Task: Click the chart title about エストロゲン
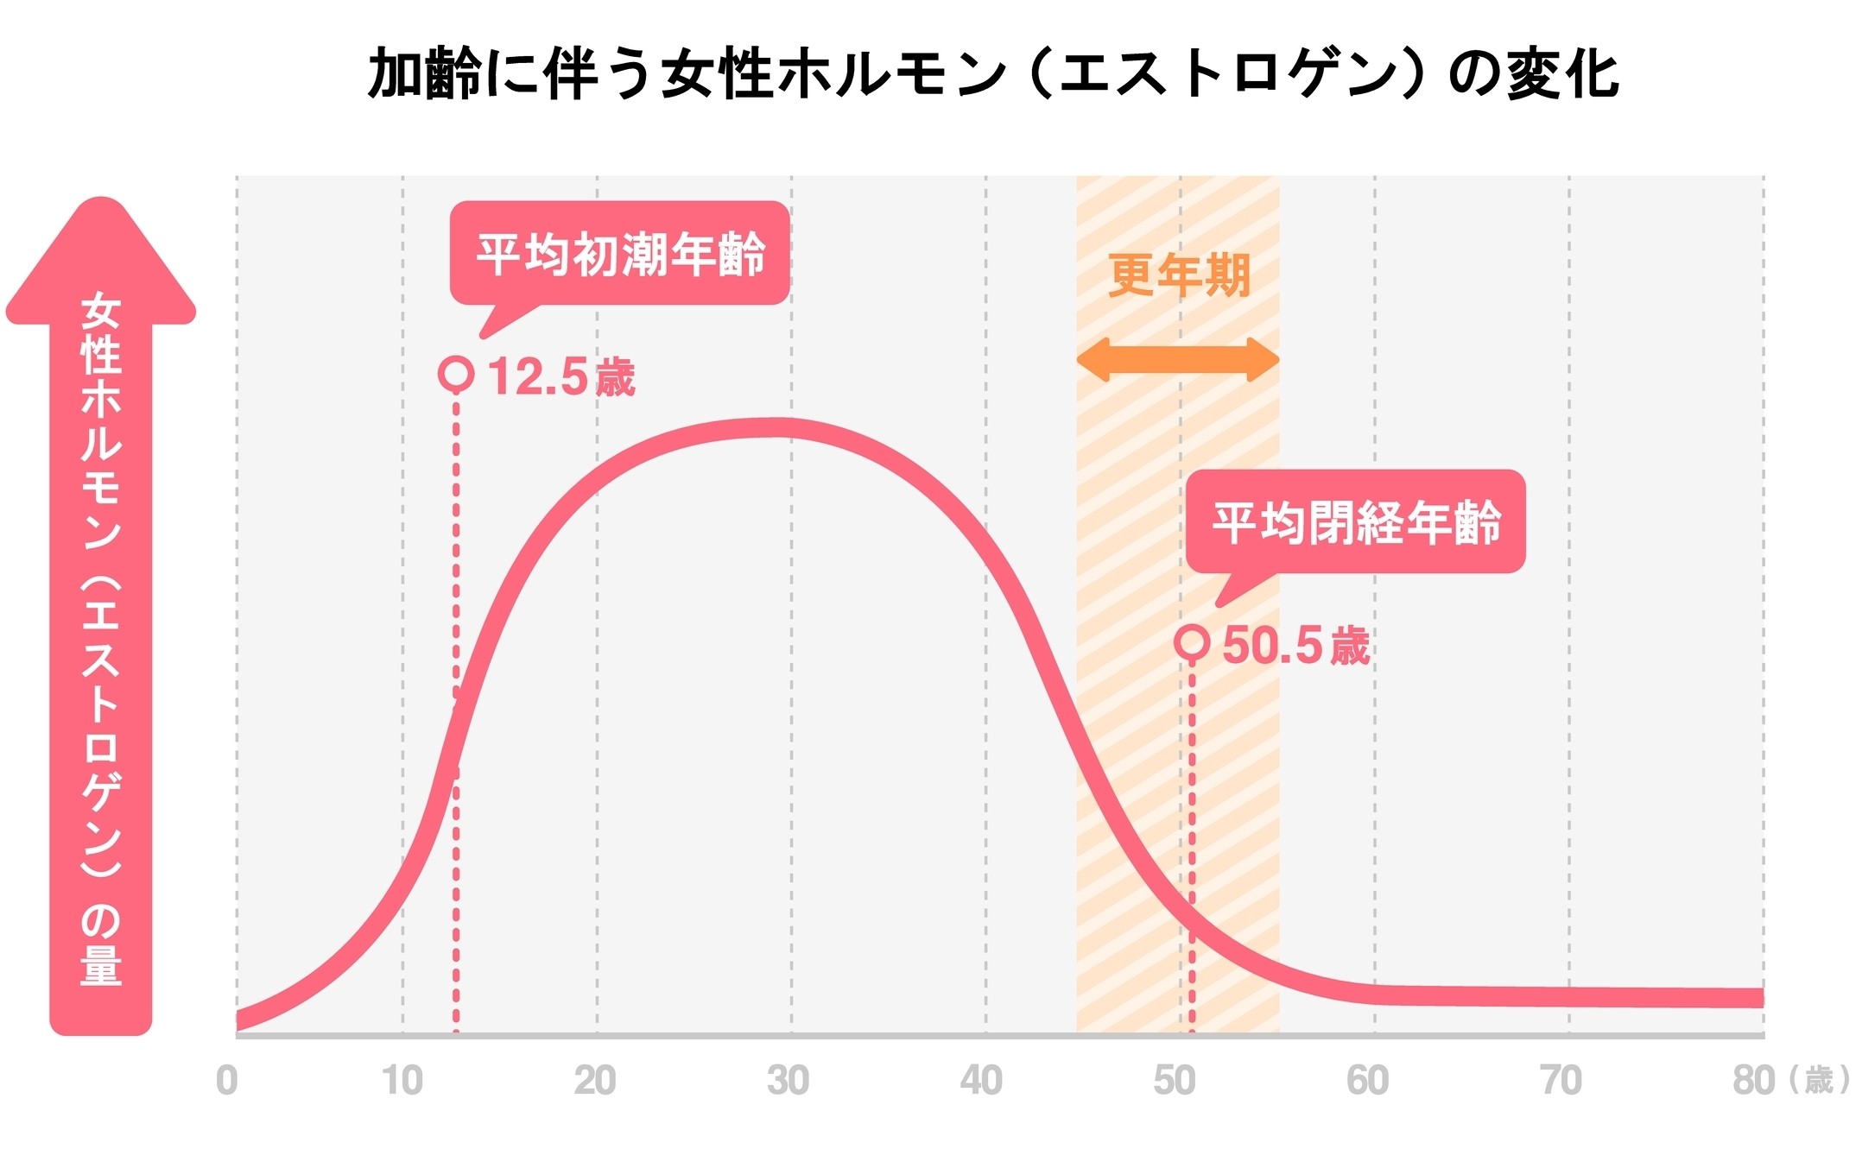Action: click(993, 73)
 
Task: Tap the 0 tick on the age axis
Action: click(226, 1081)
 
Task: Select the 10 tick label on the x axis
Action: click(402, 1081)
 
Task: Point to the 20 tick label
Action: click(595, 1081)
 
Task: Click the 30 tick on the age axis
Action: click(788, 1081)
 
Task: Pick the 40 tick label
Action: click(982, 1081)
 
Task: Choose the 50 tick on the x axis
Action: click(1175, 1081)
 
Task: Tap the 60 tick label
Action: click(1368, 1081)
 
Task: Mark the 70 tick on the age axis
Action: click(1561, 1081)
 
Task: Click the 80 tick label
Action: click(1754, 1081)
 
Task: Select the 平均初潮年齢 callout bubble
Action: click(620, 254)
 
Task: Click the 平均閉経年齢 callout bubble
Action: click(1356, 521)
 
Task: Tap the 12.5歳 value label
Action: click(562, 377)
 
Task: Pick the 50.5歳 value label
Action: click(1296, 646)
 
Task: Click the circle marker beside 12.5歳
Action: click(456, 375)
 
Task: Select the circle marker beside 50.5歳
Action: click(1192, 643)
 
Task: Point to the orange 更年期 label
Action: click(1179, 275)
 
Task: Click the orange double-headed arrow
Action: click(1178, 360)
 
